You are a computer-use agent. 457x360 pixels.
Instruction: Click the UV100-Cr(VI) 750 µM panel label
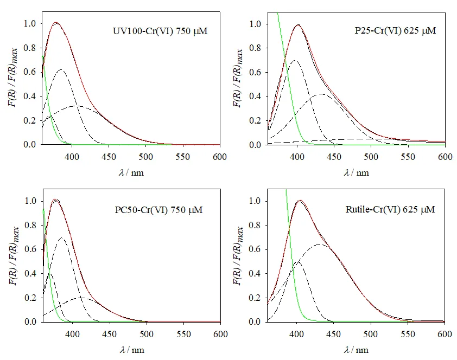click(157, 31)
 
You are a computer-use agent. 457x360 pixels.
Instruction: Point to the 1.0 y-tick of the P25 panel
click(255, 24)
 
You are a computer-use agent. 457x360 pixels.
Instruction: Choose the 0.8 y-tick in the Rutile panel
click(255, 226)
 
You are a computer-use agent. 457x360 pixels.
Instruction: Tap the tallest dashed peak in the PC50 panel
click(61, 237)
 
